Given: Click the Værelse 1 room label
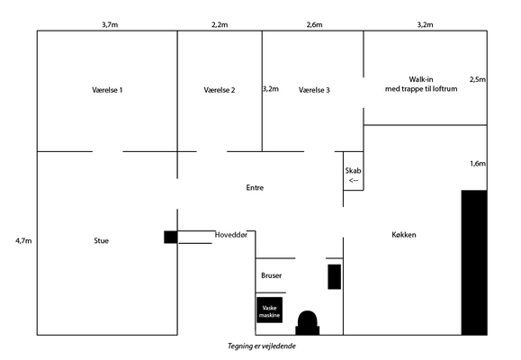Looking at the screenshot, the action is pyautogui.click(x=107, y=90).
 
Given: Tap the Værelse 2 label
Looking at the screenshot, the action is pyautogui.click(x=220, y=90).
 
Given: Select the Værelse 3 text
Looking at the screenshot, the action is pyautogui.click(x=314, y=90).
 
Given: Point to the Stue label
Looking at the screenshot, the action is pyautogui.click(x=101, y=240).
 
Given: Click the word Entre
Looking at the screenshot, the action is pyautogui.click(x=255, y=187).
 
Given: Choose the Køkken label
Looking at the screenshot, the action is pyautogui.click(x=404, y=235).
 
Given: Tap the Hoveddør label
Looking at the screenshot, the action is pyautogui.click(x=231, y=235).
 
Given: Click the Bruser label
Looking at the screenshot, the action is pyautogui.click(x=271, y=275).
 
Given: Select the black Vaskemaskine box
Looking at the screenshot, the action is pyautogui.click(x=269, y=310).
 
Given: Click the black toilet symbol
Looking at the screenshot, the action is pyautogui.click(x=308, y=323).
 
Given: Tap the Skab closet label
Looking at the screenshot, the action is pyautogui.click(x=353, y=170).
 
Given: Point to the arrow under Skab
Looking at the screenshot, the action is pyautogui.click(x=354, y=181).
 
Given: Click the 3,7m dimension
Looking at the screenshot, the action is pyautogui.click(x=110, y=24).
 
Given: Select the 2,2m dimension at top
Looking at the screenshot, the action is pyautogui.click(x=220, y=24).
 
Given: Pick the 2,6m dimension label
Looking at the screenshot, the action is pyautogui.click(x=314, y=24).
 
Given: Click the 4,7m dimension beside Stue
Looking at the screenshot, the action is pyautogui.click(x=23, y=240).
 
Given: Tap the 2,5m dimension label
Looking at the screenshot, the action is pyautogui.click(x=478, y=79).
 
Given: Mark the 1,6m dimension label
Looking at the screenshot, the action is pyautogui.click(x=478, y=164).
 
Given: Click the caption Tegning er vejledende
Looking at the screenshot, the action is pyautogui.click(x=262, y=346).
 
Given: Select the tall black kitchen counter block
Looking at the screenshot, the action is pyautogui.click(x=474, y=263).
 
